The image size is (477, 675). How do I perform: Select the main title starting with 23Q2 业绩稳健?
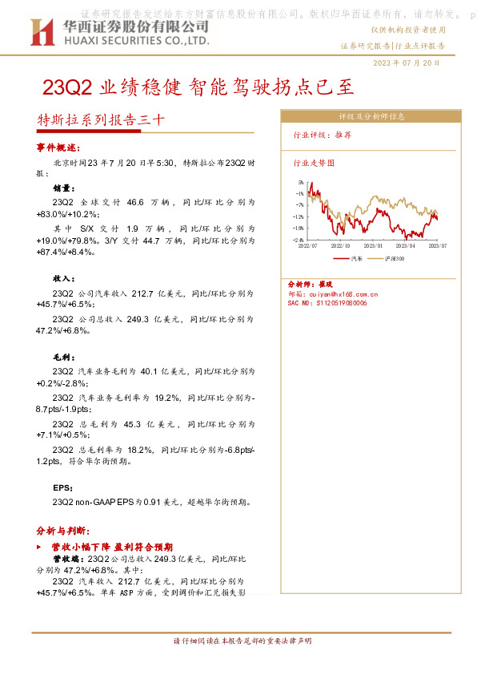197,86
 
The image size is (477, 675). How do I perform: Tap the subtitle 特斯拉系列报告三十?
102,120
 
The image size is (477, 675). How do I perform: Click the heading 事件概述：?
58,148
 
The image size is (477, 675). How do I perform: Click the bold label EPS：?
63,487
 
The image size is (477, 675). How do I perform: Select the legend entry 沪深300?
395,260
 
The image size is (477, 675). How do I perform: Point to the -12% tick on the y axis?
299,216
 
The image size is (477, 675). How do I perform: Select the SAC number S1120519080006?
338,304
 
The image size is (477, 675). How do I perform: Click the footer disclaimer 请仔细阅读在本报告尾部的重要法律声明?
242,641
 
